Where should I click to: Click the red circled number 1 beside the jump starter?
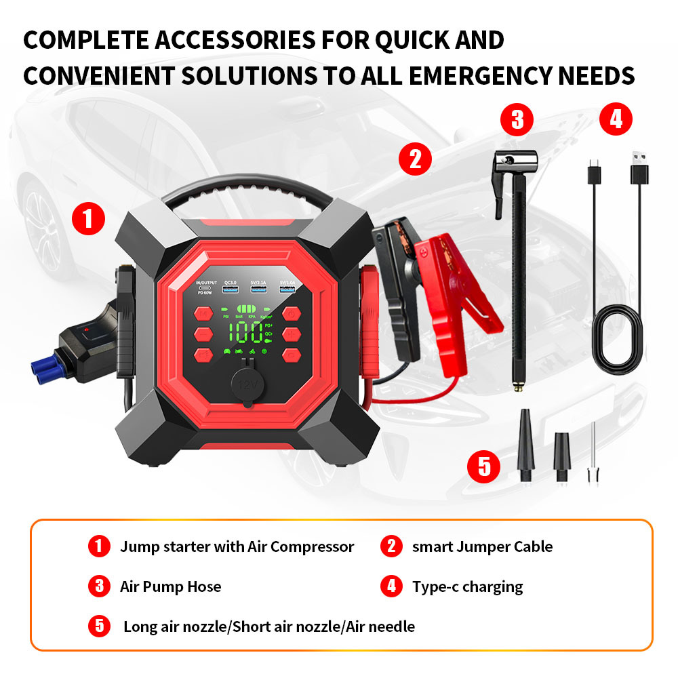coord(88,219)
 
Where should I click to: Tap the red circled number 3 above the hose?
coord(517,120)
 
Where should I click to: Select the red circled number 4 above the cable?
coord(616,120)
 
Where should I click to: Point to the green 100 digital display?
coord(245,332)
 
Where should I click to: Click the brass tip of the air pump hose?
coord(517,387)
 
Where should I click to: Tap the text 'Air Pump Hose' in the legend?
coord(170,586)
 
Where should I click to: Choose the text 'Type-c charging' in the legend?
coord(467,586)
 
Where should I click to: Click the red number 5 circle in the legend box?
coord(99,626)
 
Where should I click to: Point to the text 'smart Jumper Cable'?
coord(482,546)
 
